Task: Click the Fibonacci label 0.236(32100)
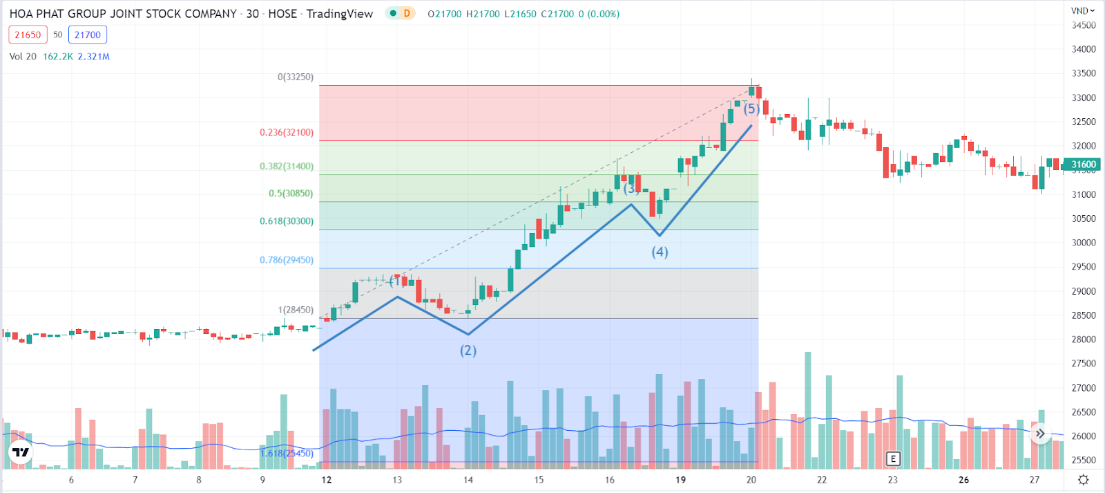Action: point(287,132)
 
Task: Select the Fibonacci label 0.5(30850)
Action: point(291,194)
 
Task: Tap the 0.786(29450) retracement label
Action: point(287,260)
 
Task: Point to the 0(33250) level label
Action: point(296,77)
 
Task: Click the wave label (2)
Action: point(468,351)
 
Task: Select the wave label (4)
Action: point(660,252)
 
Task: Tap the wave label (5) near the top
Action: point(751,109)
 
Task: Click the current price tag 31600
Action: point(1083,165)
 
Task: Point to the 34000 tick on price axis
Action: point(1084,49)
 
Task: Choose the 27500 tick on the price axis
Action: point(1084,364)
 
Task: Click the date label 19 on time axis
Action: point(680,480)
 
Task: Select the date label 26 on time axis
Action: point(963,480)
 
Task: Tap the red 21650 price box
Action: point(28,35)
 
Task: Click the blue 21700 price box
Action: point(88,35)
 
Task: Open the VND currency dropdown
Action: point(1082,11)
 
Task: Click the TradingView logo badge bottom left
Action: point(21,452)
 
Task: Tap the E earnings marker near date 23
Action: point(893,458)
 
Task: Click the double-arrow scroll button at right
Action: point(1040,434)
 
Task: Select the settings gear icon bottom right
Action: point(1083,480)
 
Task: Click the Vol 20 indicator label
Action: point(23,57)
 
